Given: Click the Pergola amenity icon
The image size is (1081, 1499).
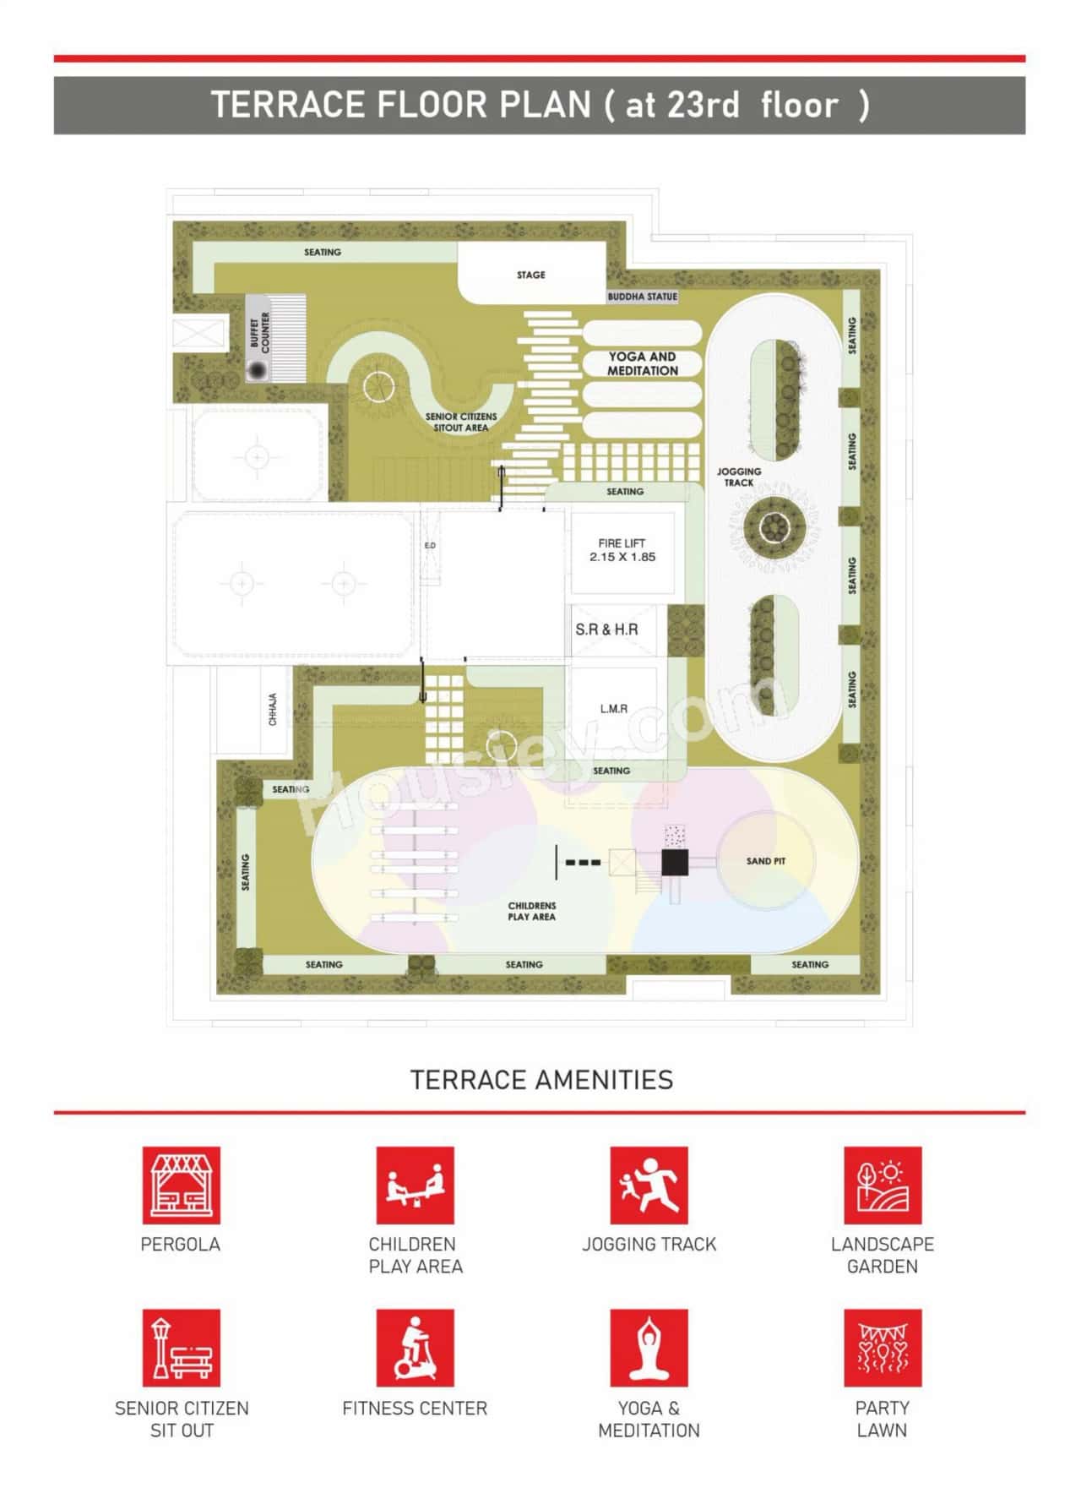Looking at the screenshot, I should tap(181, 1185).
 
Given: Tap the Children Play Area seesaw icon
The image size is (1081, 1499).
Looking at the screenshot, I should tap(415, 1185).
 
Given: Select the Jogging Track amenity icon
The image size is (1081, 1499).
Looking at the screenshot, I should tap(649, 1185).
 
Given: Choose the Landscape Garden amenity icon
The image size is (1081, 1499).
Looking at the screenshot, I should tap(883, 1185).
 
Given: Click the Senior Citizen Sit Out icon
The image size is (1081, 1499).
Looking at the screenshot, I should tap(181, 1348).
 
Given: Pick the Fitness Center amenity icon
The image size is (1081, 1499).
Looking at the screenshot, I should tap(415, 1348).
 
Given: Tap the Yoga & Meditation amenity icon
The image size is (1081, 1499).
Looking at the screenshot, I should tap(649, 1348).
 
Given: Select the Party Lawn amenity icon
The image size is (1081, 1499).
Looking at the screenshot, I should tap(883, 1348).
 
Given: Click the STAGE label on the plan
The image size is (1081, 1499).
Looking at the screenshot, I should tap(531, 275).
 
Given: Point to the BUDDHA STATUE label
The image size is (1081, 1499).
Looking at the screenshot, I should tap(642, 297).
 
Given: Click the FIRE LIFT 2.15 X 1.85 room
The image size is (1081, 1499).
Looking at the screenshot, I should tap(622, 550).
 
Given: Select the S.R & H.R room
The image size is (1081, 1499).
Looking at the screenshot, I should tap(606, 630).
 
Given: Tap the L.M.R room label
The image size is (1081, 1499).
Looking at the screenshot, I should tap(614, 708).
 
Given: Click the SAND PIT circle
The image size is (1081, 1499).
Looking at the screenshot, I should tap(765, 861).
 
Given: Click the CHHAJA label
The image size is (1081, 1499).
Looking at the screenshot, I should tap(273, 710).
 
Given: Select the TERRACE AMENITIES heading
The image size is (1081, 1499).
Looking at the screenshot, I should tap(541, 1080).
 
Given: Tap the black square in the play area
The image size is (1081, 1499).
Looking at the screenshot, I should tap(675, 863).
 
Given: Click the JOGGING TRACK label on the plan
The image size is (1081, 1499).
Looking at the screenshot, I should tap(739, 477).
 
